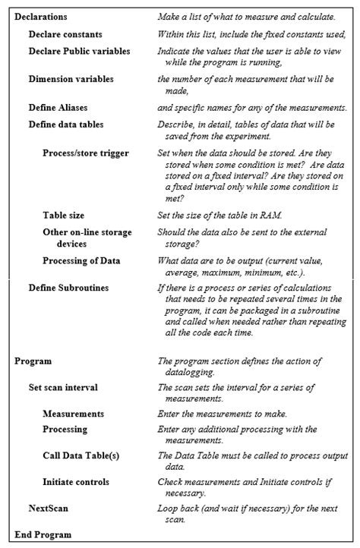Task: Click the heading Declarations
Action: click(41, 16)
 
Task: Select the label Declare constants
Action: click(65, 34)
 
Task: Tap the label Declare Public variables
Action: click(79, 51)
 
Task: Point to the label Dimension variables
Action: click(71, 79)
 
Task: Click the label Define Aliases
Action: click(58, 107)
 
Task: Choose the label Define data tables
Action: click(66, 124)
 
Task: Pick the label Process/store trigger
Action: click(86, 153)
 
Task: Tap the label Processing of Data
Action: click(81, 260)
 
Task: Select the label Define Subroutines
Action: click(68, 288)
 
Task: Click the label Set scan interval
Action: click(63, 387)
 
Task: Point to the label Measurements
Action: click(74, 414)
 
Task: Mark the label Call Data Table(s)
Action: click(81, 455)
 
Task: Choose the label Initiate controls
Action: click(76, 482)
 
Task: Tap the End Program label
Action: click(43, 534)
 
